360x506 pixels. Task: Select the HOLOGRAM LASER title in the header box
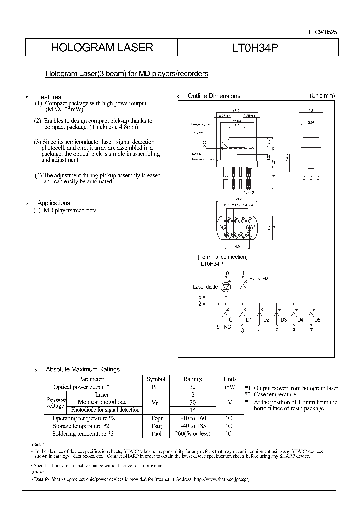pos(102,48)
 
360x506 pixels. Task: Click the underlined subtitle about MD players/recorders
pos(127,74)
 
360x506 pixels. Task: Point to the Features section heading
pos(49,97)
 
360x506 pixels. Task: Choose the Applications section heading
pos(54,203)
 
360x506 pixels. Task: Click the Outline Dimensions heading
pos(214,96)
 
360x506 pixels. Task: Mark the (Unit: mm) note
pos(322,96)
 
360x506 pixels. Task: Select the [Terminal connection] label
pos(222,257)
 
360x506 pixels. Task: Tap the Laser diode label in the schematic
pos(205,287)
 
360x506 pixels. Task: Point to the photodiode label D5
pos(317,319)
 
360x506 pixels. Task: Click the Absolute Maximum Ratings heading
pos(83,369)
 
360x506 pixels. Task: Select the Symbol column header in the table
pos(155,379)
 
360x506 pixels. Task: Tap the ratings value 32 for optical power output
pos(192,387)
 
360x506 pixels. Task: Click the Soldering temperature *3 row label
pos(83,433)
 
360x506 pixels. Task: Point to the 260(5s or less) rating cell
pos(192,433)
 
